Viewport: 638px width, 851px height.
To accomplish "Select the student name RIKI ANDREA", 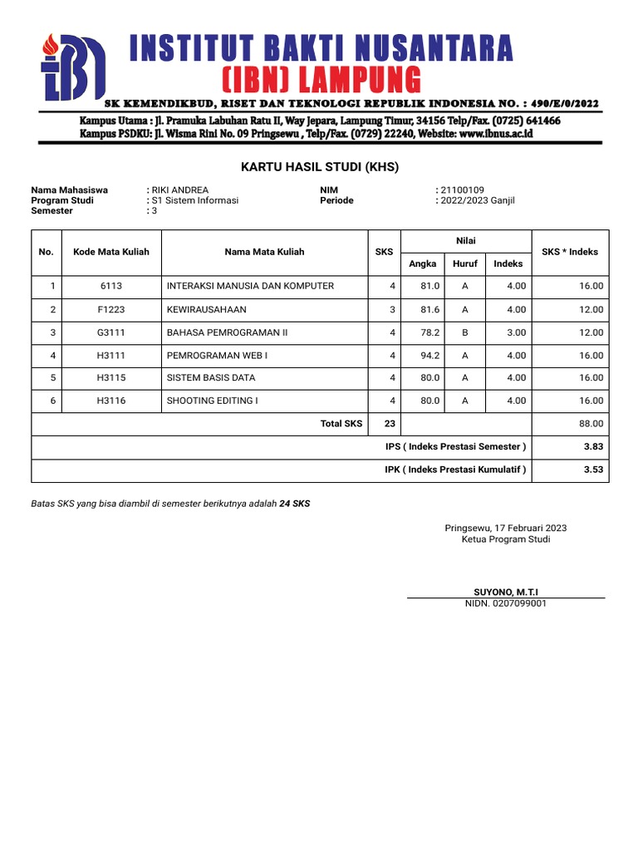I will pyautogui.click(x=179, y=190).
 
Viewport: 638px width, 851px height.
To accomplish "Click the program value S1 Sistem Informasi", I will pyautogui.click(x=194, y=200).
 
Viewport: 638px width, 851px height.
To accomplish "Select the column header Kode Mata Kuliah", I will pyautogui.click(x=111, y=252).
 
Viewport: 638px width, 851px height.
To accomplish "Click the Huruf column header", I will pyautogui.click(x=465, y=263).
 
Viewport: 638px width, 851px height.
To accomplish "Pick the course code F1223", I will pyautogui.click(x=111, y=309).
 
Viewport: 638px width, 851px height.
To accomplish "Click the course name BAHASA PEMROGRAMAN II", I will pyautogui.click(x=227, y=332).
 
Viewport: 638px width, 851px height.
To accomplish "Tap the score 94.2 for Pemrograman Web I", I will pyautogui.click(x=430, y=355).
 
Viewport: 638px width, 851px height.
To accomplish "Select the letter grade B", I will pyautogui.click(x=465, y=332).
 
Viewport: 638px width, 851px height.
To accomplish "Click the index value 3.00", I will pyautogui.click(x=516, y=332).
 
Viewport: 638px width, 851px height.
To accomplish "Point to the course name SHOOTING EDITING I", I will pyautogui.click(x=213, y=401).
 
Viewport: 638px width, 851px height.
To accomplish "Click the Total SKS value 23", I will pyautogui.click(x=390, y=424).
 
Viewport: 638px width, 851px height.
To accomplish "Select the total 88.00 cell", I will pyautogui.click(x=591, y=424).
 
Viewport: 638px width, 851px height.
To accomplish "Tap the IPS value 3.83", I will pyautogui.click(x=592, y=447).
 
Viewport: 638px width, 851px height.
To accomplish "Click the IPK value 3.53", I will pyautogui.click(x=592, y=470).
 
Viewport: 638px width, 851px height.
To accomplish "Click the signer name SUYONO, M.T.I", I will pyautogui.click(x=505, y=591).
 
